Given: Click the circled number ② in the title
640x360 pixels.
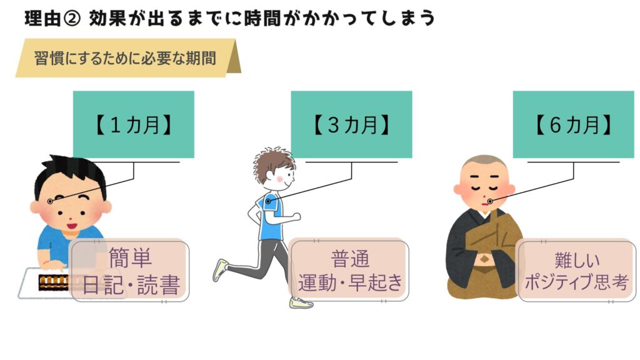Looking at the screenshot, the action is [72, 19].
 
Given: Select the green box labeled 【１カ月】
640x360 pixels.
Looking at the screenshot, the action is [134, 124].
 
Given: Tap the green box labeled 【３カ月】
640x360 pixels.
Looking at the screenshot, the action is [351, 124].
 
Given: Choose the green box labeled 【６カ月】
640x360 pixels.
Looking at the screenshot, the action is [574, 124].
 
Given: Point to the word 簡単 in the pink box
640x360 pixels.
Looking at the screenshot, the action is [130, 257].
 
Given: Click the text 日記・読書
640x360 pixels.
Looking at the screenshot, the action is [131, 285].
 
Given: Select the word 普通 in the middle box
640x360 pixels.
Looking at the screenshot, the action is [350, 259].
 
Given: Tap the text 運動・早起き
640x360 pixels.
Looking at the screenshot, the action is [350, 282].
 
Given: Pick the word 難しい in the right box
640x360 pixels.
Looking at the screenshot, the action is [577, 260].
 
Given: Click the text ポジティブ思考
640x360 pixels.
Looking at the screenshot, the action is [576, 282].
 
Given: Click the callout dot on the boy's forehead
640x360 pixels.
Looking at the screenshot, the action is [50, 201].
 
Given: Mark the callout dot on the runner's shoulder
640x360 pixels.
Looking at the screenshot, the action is [268, 201].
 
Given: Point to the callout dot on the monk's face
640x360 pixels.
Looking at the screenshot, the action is [490, 201].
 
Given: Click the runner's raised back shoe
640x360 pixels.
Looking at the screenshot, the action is [221, 269].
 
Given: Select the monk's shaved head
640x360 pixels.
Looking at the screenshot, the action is [484, 163].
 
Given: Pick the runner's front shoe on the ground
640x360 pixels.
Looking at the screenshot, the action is [301, 303].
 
